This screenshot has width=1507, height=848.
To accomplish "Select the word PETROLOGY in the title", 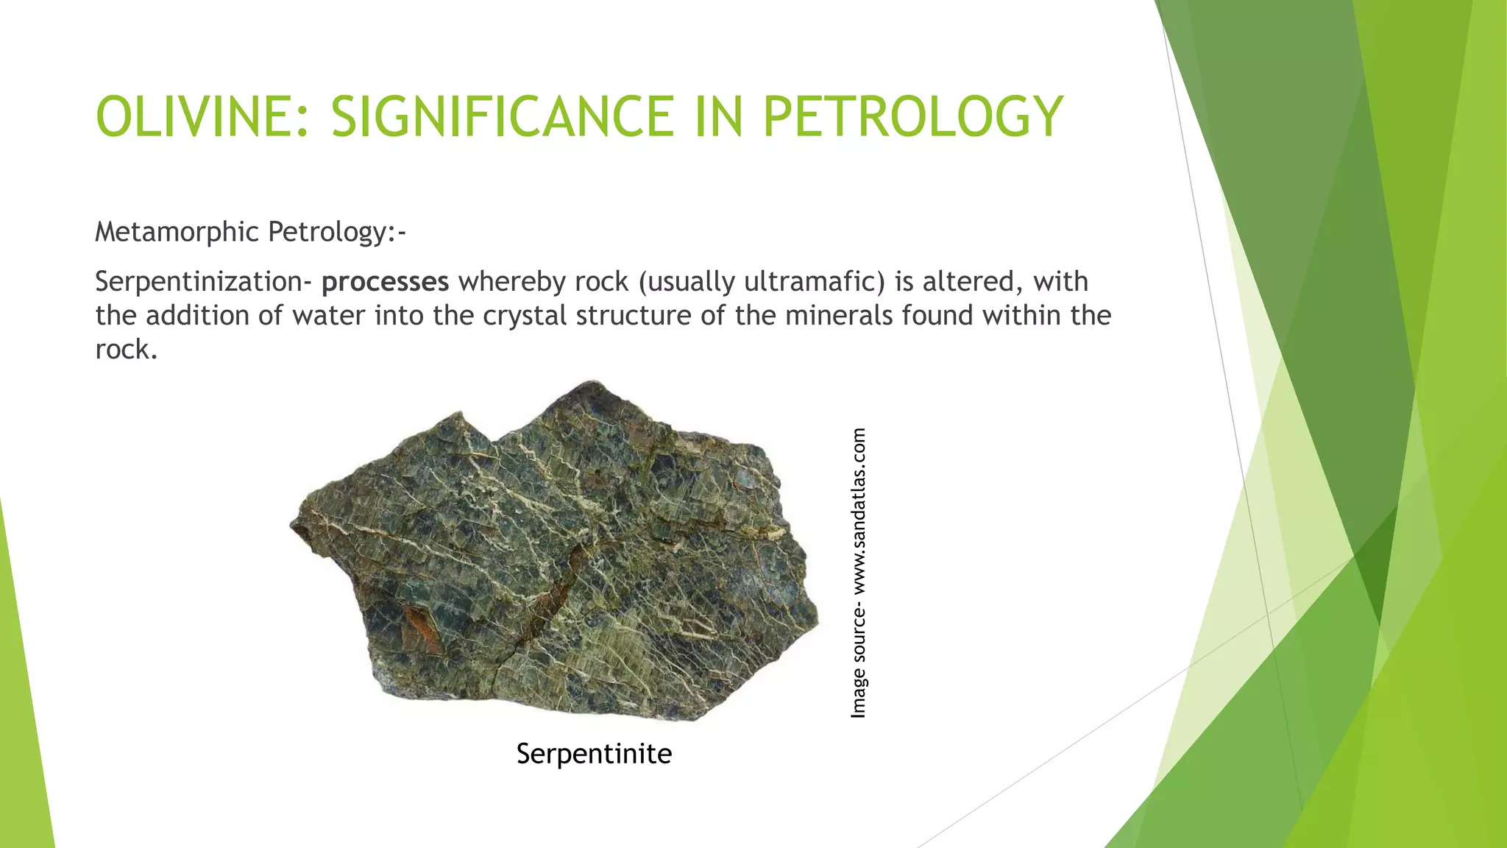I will click(912, 117).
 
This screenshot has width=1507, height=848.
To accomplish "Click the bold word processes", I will click(385, 282).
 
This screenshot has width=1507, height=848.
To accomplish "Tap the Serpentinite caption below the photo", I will click(594, 754).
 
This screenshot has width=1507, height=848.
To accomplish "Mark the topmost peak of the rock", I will click(592, 384).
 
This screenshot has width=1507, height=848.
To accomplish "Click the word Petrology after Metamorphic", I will click(336, 233).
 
